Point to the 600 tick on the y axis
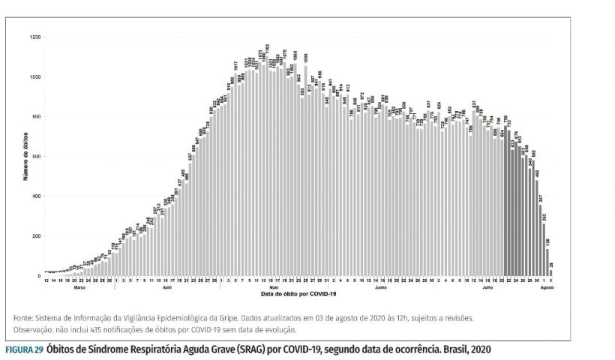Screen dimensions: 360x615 (37, 157)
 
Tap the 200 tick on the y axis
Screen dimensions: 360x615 (37, 236)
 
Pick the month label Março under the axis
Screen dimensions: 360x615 (78, 287)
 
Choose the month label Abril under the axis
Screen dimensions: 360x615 (167, 287)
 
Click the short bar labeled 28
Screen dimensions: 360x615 (551, 274)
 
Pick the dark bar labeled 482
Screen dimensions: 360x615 (536, 228)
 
